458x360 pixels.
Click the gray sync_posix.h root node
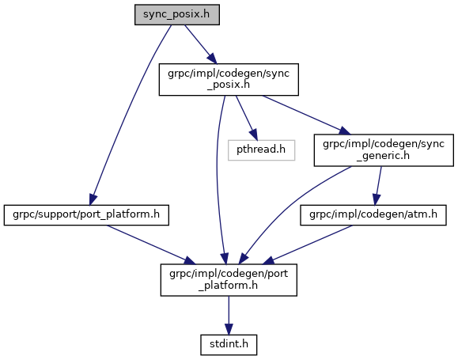tap(177, 14)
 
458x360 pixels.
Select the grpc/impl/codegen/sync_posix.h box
tap(229, 79)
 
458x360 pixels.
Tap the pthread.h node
tap(261, 150)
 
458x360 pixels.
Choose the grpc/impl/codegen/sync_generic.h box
tap(384, 150)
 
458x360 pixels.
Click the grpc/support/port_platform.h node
tap(86, 215)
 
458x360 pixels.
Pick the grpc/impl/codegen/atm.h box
tap(373, 215)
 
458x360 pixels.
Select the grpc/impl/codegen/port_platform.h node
tap(229, 280)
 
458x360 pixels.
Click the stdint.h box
tap(229, 345)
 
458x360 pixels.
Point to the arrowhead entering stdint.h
tap(229, 329)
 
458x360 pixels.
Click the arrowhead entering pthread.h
tap(254, 135)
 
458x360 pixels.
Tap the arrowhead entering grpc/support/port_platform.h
tap(93, 199)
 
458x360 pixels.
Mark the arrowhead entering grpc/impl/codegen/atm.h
tap(376, 199)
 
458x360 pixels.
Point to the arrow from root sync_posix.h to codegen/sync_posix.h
tap(200, 44)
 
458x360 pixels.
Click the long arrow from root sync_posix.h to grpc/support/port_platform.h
tap(128, 111)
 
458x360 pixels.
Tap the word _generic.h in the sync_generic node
tap(383, 156)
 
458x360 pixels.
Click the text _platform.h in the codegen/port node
tap(229, 286)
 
